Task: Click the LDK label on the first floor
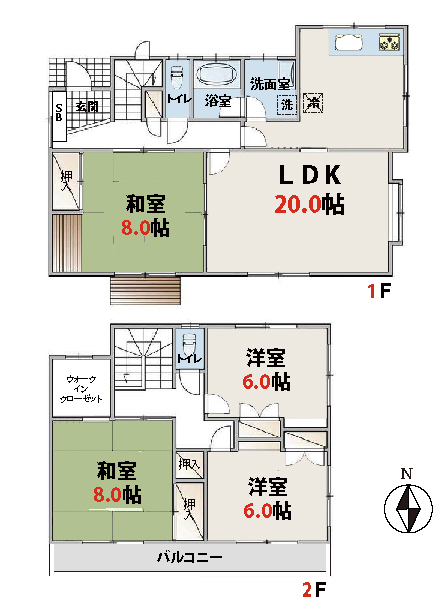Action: tap(310, 175)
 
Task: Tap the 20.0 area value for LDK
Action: tap(298, 204)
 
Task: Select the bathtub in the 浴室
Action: tap(217, 74)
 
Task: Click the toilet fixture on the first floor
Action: tap(176, 77)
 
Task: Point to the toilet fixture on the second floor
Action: tap(189, 343)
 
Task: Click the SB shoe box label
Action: tap(59, 112)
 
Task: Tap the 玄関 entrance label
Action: tap(86, 106)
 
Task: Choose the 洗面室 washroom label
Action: tap(269, 84)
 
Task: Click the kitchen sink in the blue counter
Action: tap(349, 42)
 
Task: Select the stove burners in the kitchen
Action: tap(389, 42)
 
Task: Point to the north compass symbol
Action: tap(408, 508)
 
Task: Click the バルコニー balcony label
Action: tap(190, 557)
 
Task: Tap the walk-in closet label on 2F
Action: tap(81, 389)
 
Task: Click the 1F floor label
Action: tap(379, 291)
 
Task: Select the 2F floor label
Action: tap(314, 589)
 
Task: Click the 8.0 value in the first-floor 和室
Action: tap(135, 228)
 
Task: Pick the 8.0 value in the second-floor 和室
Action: tap(108, 495)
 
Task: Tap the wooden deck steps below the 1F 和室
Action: tap(145, 291)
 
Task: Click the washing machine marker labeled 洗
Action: tap(287, 104)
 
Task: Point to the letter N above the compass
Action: tap(406, 474)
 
